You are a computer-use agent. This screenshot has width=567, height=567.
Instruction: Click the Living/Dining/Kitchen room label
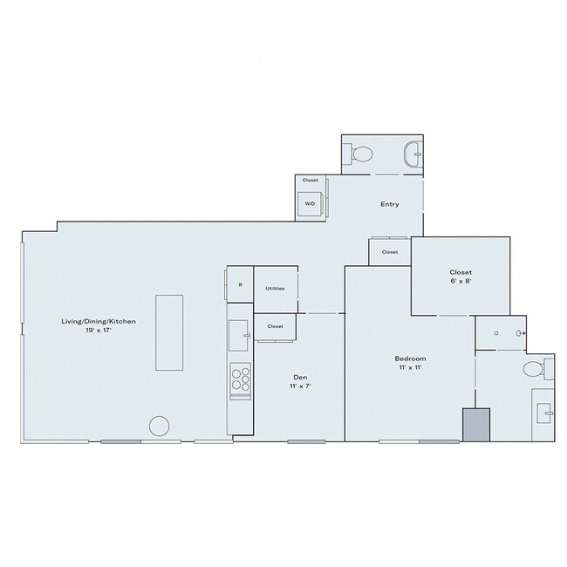tap(98, 322)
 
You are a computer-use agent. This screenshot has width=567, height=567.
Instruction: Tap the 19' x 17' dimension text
tap(98, 331)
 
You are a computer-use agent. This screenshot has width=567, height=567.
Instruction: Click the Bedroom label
tap(410, 359)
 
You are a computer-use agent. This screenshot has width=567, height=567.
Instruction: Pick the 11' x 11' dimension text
tap(410, 369)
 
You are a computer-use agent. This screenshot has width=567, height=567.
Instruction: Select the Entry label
tap(390, 205)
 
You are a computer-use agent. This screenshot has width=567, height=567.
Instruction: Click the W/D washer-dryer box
tap(310, 204)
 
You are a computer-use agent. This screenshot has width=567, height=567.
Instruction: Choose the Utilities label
tap(276, 289)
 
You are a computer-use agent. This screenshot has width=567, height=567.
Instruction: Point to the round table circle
tap(159, 427)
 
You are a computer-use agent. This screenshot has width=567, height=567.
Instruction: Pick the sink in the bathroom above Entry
tap(413, 155)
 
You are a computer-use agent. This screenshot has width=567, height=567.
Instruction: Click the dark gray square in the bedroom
tap(476, 425)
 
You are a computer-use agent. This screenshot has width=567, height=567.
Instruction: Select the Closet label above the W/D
tap(310, 180)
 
